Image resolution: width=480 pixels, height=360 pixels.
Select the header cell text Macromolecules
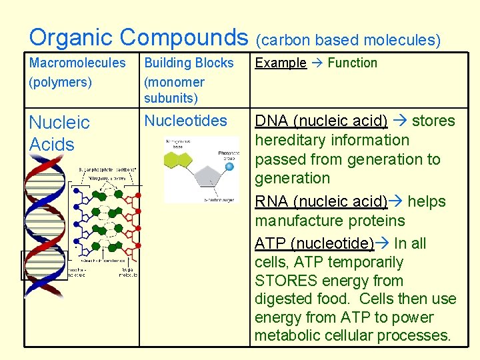[77, 63]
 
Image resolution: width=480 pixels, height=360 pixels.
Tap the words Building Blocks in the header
[189, 63]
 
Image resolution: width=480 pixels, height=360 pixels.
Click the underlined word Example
[281, 63]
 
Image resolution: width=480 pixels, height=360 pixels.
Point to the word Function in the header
[353, 63]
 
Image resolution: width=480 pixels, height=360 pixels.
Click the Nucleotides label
[185, 121]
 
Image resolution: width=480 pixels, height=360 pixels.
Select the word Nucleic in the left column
[59, 123]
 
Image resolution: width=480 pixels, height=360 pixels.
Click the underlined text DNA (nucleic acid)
[321, 121]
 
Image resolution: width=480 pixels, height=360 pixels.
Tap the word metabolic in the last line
[286, 335]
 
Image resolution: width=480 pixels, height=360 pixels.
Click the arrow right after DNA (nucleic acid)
[400, 121]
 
